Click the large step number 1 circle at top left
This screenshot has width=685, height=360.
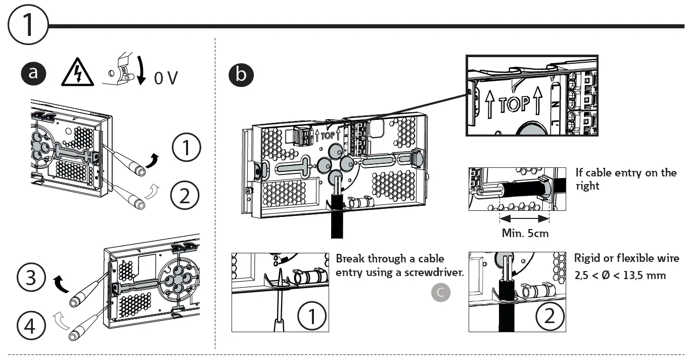(x=28, y=25)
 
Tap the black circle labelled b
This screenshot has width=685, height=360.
(x=241, y=75)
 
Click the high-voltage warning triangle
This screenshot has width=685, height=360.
(x=77, y=74)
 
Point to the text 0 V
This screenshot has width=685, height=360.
(x=165, y=79)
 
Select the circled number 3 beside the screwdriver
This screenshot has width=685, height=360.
(x=31, y=277)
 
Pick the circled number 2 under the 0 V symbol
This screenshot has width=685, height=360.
(x=186, y=195)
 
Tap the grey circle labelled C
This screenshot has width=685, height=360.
(x=441, y=293)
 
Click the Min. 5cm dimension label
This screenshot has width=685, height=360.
(x=525, y=233)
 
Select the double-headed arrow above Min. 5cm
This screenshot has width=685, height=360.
(x=524, y=219)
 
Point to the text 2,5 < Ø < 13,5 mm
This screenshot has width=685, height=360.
(x=620, y=276)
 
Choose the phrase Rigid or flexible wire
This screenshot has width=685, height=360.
(x=626, y=258)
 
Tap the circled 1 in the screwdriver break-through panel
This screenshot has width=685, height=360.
(x=312, y=316)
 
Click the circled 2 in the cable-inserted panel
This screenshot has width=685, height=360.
(x=549, y=316)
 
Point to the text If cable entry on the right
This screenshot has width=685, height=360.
(x=626, y=179)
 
